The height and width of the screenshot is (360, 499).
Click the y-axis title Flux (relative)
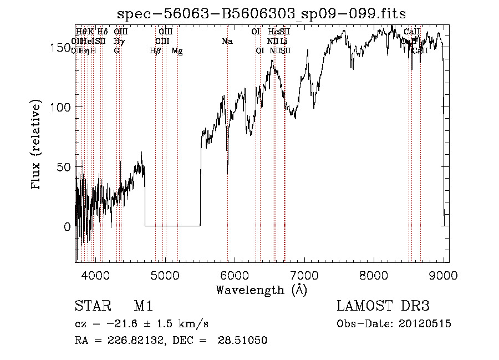point(37,145)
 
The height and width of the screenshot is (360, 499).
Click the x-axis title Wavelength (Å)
point(261,290)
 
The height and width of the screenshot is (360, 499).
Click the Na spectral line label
point(227,42)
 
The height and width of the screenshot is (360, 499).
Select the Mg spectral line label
point(177,51)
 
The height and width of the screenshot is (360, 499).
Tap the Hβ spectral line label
point(155,51)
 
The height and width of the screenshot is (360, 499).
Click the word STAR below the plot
point(90,307)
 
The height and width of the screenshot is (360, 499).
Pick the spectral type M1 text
point(143,307)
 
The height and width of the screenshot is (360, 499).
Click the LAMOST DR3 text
point(383,307)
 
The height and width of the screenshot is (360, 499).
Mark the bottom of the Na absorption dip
point(227,173)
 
